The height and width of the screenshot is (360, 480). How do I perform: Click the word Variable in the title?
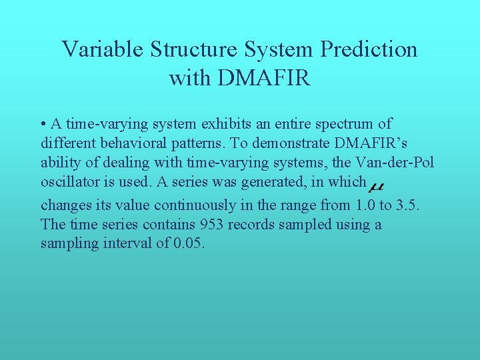click(103, 49)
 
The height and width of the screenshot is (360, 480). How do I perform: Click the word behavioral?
click(127, 143)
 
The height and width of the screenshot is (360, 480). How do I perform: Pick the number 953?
click(213, 225)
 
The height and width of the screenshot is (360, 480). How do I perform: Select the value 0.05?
click(189, 243)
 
